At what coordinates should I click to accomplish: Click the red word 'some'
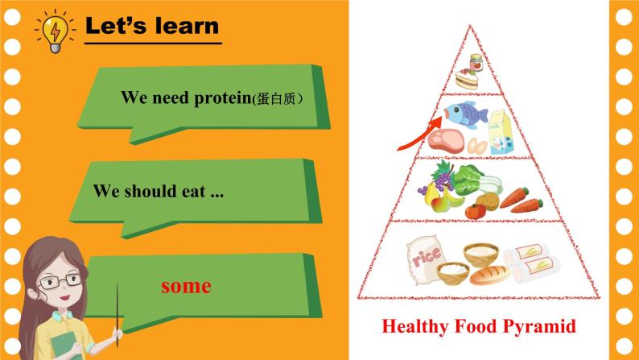185,286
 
